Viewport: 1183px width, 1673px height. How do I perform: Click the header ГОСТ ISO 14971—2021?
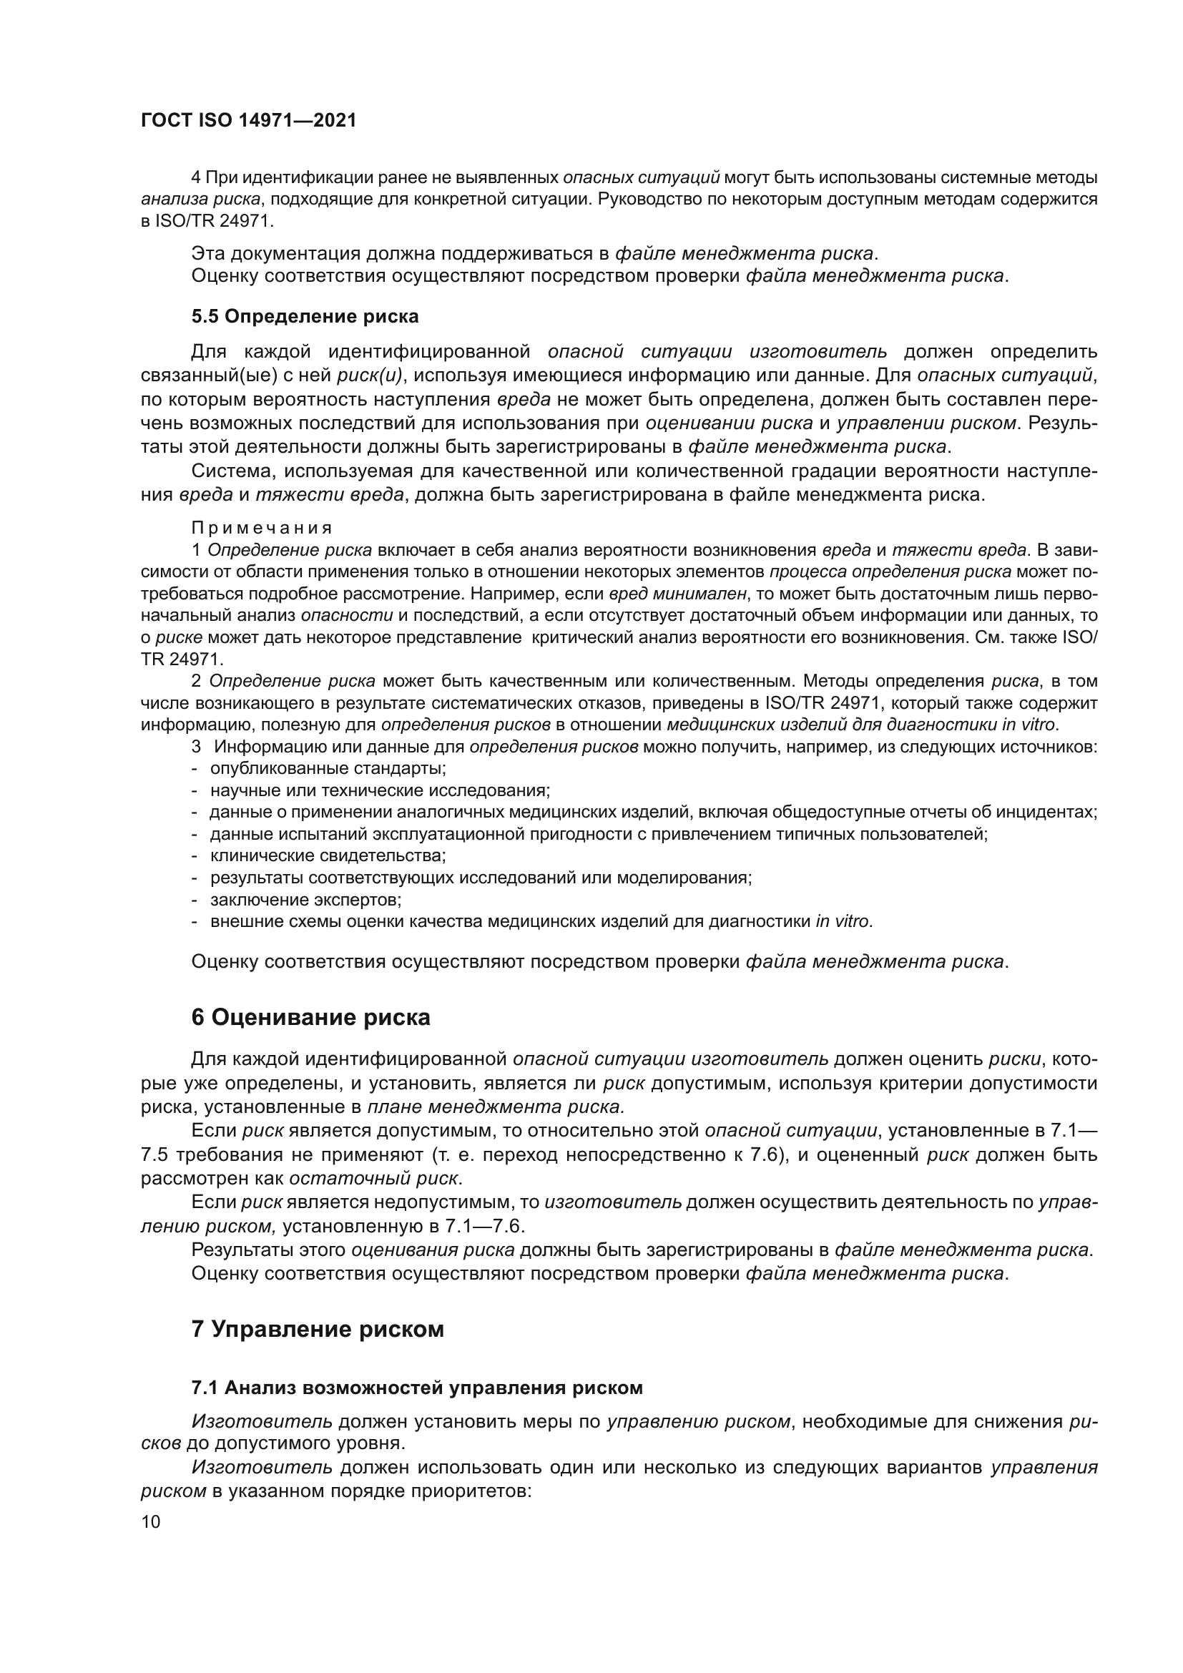[248, 121]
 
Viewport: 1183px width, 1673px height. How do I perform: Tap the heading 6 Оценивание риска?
[310, 1017]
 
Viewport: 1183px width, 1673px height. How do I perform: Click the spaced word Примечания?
[262, 528]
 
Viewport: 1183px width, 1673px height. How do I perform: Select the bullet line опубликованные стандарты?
[328, 768]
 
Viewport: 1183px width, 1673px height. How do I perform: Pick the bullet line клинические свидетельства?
[328, 855]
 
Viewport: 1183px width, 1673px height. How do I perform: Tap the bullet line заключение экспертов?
[306, 899]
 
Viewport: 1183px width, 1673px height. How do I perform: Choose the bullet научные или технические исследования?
[380, 790]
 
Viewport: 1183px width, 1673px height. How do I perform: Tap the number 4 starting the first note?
[195, 177]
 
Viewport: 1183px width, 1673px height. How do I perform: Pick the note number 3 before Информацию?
[195, 747]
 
